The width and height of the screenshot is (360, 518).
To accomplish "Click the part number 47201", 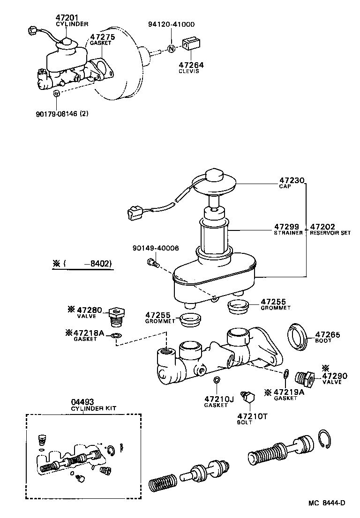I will [x=65, y=17].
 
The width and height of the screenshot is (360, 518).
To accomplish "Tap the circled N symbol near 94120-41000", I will [x=171, y=48].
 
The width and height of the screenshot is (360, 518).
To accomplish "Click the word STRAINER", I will [x=288, y=233].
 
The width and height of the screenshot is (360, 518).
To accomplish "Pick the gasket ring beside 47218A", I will [x=116, y=335].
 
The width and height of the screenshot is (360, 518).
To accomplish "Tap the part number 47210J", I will [x=218, y=400].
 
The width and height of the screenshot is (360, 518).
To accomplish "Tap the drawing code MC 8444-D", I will [x=326, y=503].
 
